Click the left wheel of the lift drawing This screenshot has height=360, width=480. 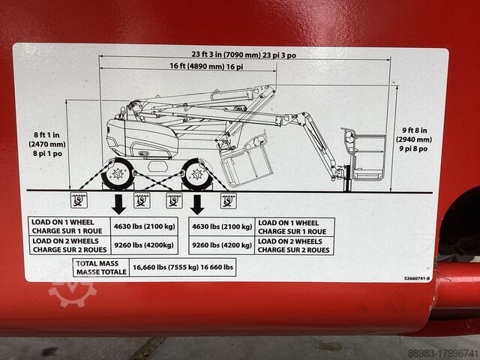[x=118, y=175]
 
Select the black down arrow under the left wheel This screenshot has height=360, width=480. [x=118, y=203]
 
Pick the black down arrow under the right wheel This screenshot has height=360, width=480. [x=198, y=203]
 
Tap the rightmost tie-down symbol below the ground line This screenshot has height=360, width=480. [x=227, y=199]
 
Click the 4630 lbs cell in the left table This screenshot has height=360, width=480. [x=146, y=226]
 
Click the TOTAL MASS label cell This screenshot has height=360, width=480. [x=100, y=267]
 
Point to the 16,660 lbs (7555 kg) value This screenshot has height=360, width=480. [x=182, y=267]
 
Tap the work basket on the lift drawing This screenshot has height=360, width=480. [x=367, y=156]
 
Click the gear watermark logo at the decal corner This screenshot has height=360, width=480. [x=72, y=290]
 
